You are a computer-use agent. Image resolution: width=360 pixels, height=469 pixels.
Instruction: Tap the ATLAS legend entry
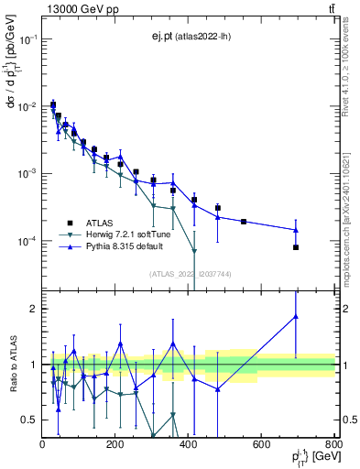click(101, 223)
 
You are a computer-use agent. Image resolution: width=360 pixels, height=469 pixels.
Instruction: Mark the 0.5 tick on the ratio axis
click(31, 420)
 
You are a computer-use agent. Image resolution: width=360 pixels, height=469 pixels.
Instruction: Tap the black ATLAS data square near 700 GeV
click(296, 247)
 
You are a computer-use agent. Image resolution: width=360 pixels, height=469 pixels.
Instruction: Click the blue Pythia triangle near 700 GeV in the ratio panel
click(296, 317)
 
